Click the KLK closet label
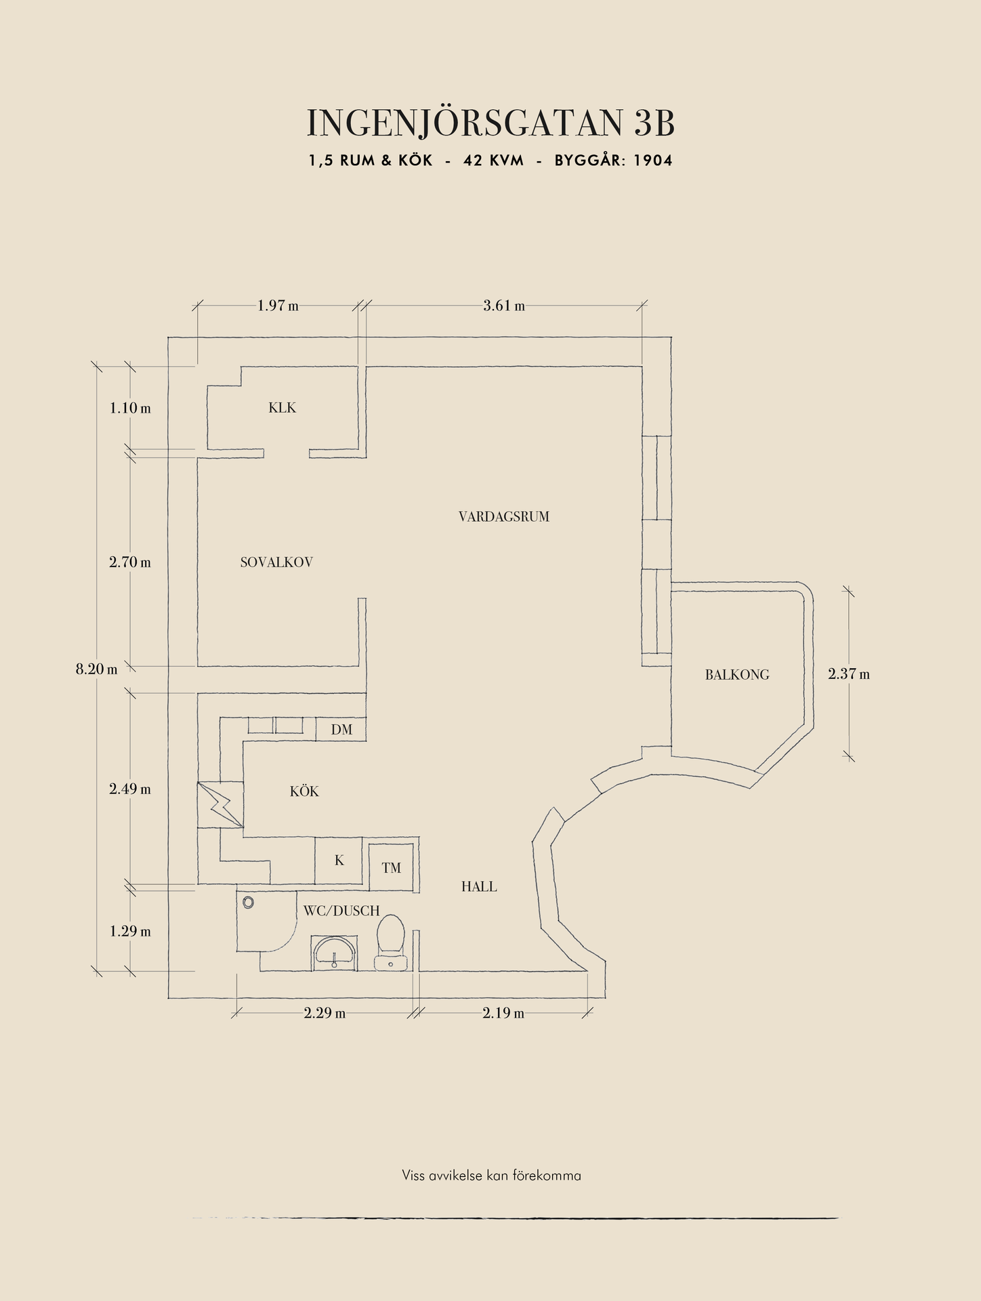point(282,408)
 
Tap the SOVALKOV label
point(276,562)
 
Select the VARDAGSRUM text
point(503,517)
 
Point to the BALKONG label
point(736,675)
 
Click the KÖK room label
point(304,791)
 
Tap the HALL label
point(479,886)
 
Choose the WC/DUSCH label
point(341,911)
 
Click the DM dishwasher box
point(341,730)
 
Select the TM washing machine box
point(391,868)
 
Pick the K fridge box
point(339,861)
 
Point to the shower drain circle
point(248,903)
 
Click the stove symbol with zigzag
point(221,804)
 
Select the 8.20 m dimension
point(96,669)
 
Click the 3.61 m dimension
point(504,306)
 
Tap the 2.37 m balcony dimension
point(849,674)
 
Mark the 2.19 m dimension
point(503,1014)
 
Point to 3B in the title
point(654,123)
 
